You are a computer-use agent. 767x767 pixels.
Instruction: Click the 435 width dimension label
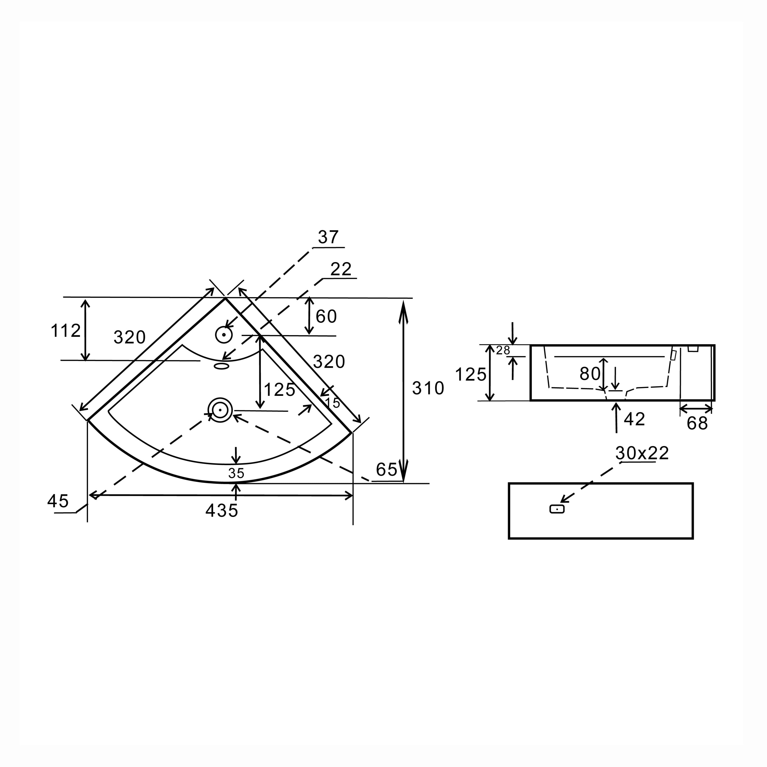point(222,511)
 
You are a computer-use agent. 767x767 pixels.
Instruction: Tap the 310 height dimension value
point(428,388)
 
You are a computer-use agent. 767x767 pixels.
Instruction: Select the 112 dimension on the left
point(65,331)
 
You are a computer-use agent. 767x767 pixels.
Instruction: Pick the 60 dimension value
point(326,316)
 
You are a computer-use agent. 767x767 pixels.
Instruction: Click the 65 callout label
point(386,470)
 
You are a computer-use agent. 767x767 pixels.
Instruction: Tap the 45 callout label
point(58,501)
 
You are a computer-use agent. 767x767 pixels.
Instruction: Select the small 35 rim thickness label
point(236,473)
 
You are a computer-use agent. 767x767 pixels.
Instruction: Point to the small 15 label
point(333,403)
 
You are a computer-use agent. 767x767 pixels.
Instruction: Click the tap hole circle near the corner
point(224,335)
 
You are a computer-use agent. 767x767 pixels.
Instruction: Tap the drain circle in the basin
point(220,410)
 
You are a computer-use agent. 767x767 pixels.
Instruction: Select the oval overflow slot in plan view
point(222,366)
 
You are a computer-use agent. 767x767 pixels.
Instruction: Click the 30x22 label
point(642,453)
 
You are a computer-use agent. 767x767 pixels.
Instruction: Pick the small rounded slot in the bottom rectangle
point(557,509)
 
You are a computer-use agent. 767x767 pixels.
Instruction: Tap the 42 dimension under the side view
point(634,419)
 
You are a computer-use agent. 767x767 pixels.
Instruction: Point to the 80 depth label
point(590,374)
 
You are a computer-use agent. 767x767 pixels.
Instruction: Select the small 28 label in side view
point(503,351)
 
